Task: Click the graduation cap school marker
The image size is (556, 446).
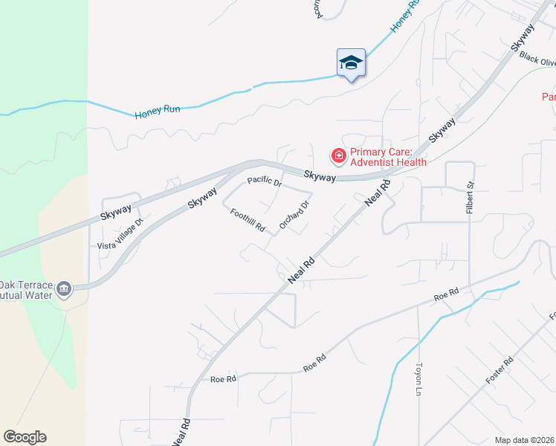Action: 351,62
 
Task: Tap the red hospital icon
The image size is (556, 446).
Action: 338,155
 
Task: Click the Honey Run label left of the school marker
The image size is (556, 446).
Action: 158,111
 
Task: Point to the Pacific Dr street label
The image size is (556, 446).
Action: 265,181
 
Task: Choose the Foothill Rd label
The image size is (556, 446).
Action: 248,221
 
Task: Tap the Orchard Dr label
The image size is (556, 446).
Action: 294,214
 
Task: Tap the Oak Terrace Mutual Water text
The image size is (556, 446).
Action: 27,290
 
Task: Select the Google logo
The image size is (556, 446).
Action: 25,437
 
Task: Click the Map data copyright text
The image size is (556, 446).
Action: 526,439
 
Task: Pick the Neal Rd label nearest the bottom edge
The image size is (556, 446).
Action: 181,432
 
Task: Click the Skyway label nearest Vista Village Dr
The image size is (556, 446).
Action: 116,213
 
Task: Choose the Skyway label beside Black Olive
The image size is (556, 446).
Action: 523,37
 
